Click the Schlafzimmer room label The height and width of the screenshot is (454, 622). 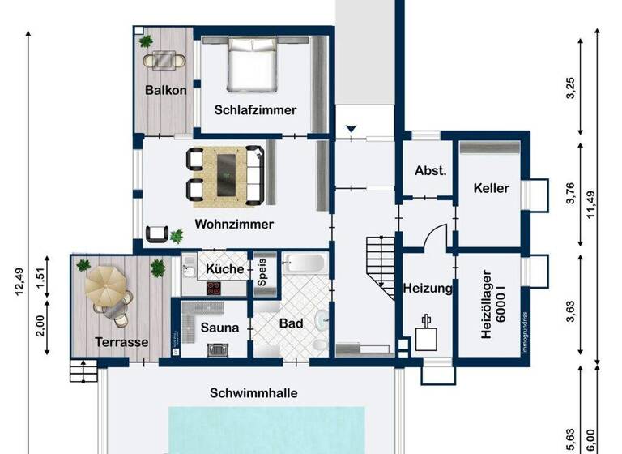255,110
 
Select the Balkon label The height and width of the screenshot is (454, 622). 165,90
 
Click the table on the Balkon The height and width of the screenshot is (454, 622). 164,59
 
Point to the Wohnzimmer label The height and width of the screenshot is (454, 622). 234,224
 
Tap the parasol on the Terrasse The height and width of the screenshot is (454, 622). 105,283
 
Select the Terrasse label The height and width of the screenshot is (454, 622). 121,342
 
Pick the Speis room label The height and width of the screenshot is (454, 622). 262,272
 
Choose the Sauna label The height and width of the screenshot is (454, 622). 219,328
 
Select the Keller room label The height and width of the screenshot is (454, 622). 491,188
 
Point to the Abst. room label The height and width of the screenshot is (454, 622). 430,171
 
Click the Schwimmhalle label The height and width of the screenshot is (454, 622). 253,393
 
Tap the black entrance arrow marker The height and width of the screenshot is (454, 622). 351,128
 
